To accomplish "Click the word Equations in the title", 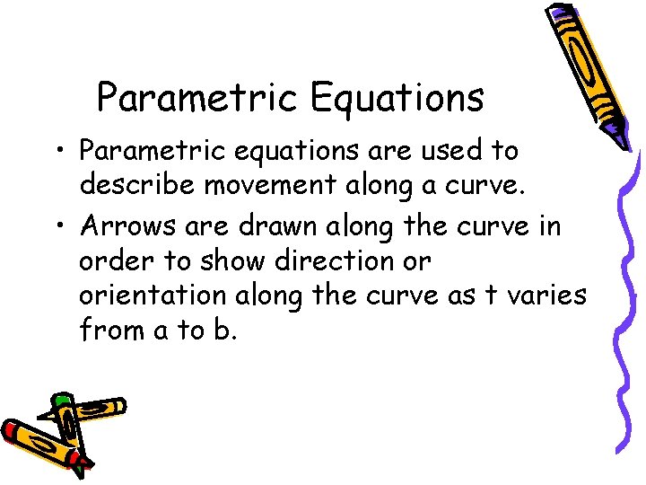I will (397, 98).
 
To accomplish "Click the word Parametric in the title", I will (196, 98).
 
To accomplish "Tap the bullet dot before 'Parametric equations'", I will (64, 148).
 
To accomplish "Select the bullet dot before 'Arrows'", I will (64, 225).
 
